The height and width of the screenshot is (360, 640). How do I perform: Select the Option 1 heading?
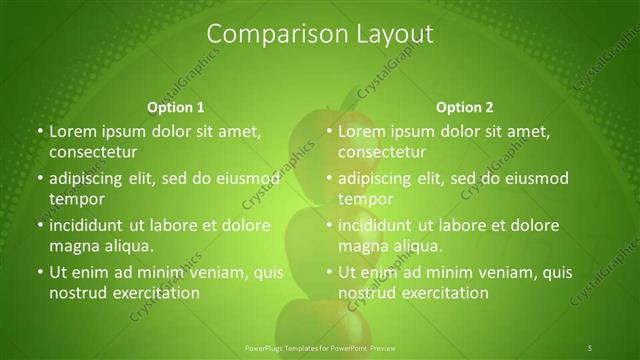[176, 107]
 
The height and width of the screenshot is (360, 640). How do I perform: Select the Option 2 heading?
[465, 107]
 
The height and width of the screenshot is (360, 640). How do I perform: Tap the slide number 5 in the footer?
[590, 347]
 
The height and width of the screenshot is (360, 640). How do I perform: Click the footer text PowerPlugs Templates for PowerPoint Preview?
[319, 347]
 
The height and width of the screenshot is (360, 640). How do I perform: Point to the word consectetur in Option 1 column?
[92, 152]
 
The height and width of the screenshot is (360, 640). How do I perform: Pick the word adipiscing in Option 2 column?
[377, 178]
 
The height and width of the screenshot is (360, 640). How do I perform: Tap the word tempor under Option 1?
[74, 200]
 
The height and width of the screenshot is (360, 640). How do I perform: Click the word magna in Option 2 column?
[362, 246]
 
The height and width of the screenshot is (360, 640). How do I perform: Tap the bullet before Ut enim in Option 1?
[38, 272]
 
